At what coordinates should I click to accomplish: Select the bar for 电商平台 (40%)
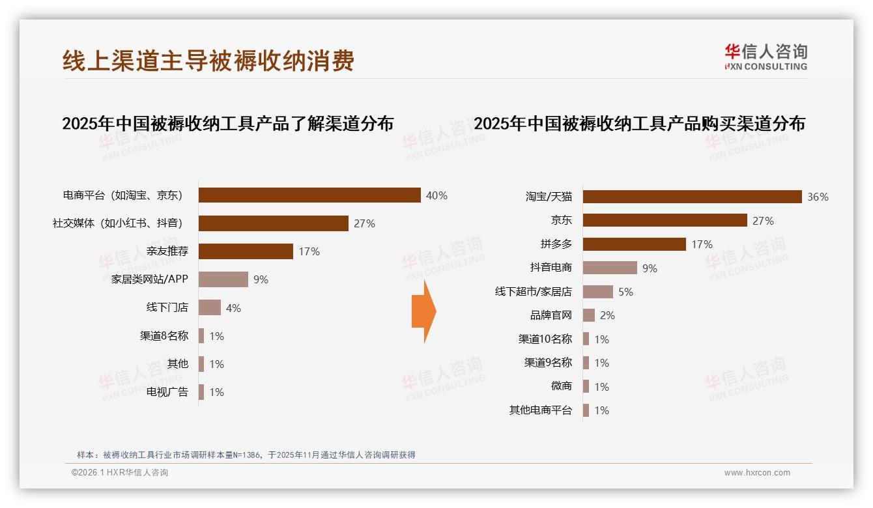coord(309,195)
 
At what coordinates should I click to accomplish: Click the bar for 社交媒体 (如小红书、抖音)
coord(274,223)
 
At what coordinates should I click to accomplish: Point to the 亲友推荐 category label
coord(167,251)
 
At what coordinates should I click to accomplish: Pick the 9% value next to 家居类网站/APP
coord(261,279)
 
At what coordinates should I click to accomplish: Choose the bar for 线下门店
coord(210,307)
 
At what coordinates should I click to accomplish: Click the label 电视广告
coord(167,391)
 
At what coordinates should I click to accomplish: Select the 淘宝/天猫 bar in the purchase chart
coord(692,197)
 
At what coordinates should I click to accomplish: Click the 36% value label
coord(818,197)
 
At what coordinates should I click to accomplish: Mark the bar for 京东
coord(665,220)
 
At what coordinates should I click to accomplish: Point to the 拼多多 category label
coord(556,244)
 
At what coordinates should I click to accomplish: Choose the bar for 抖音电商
coord(610,268)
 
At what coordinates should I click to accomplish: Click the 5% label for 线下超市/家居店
coord(625,292)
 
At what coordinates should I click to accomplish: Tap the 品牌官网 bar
coord(589,315)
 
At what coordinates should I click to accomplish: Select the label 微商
coord(561,386)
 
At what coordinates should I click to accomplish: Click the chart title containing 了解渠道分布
coord(227,123)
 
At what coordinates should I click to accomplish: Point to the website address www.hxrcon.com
coord(757,473)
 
